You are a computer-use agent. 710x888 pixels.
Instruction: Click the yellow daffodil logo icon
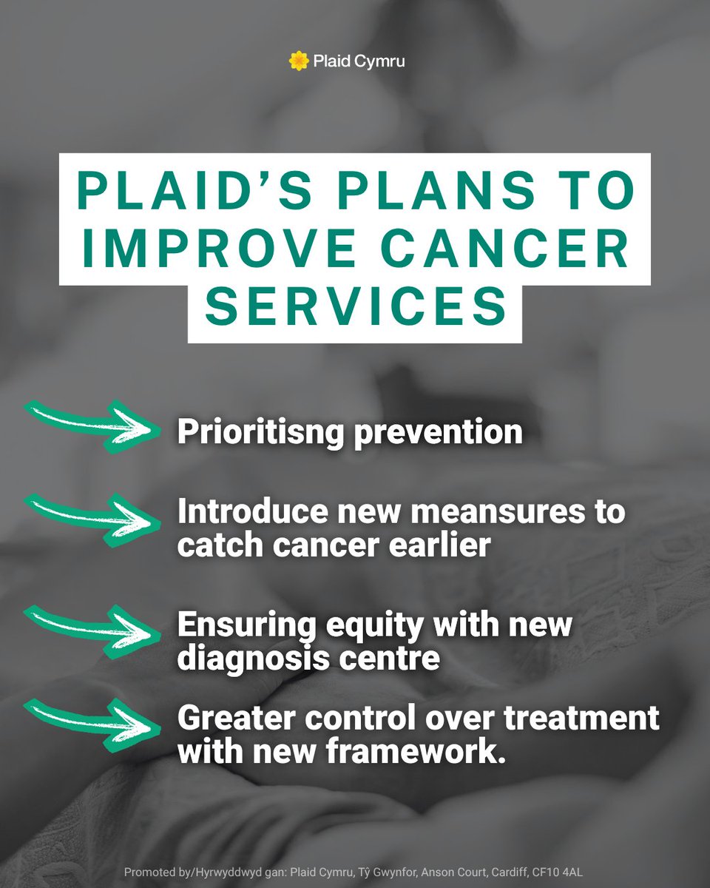coord(298,61)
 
